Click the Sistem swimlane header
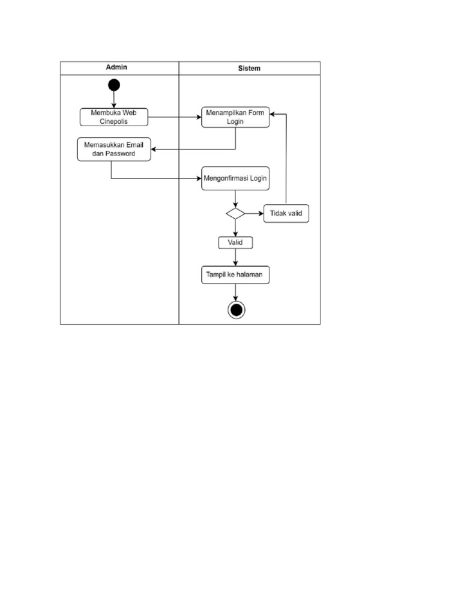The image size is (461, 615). [249, 68]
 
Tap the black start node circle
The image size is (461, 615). [114, 85]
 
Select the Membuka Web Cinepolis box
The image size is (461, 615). [113, 117]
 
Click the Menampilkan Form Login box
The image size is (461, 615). [235, 117]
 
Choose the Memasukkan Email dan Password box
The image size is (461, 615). [114, 149]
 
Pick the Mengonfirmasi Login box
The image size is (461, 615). [235, 178]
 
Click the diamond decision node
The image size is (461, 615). [235, 213]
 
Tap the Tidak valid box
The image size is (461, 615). [286, 214]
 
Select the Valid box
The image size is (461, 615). [235, 243]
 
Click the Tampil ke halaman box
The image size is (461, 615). [235, 275]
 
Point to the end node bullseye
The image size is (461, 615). [236, 309]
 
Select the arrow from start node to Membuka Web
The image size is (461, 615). [114, 100]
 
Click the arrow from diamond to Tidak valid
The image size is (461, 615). [254, 213]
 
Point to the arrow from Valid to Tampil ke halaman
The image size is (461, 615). [235, 258]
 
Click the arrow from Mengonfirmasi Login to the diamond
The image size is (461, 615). [235, 199]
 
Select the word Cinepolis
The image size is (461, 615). [113, 121]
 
